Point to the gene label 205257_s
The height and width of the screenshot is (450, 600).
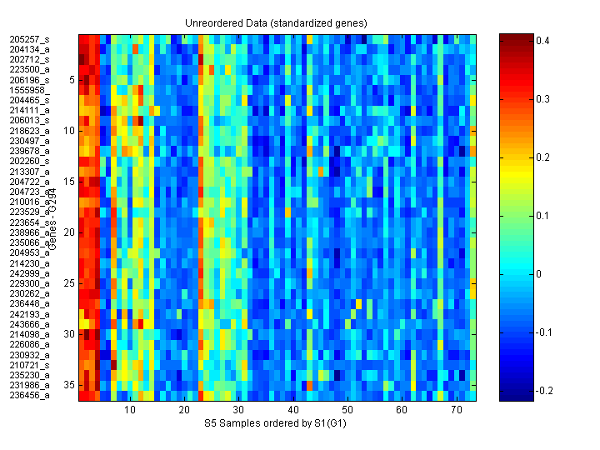click(29, 39)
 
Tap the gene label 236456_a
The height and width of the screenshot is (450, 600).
click(29, 395)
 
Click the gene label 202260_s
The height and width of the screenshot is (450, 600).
click(29, 161)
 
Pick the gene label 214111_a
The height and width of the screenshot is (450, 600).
click(29, 110)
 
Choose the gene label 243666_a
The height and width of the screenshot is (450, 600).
click(29, 324)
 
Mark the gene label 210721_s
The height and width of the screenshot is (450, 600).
click(29, 365)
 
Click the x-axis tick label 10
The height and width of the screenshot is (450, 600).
click(130, 411)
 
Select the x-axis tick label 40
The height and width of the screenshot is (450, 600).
click(293, 411)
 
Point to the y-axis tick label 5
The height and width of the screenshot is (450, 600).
click(72, 80)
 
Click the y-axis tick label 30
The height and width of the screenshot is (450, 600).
click(70, 334)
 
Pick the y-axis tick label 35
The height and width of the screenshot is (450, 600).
click(70, 385)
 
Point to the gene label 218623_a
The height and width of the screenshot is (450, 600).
click(29, 131)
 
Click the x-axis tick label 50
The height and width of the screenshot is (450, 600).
click(347, 411)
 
